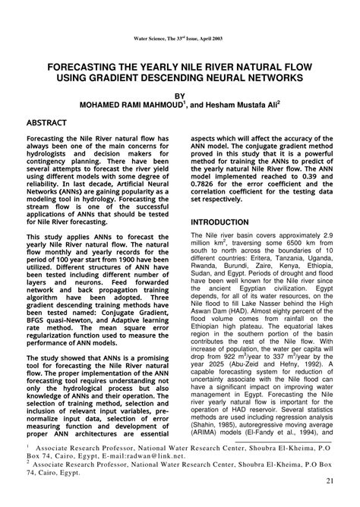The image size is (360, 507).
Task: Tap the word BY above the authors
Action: (x=180, y=96)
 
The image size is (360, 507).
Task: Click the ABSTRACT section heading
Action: (x=47, y=123)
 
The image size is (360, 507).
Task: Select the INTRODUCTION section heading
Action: (x=219, y=222)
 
